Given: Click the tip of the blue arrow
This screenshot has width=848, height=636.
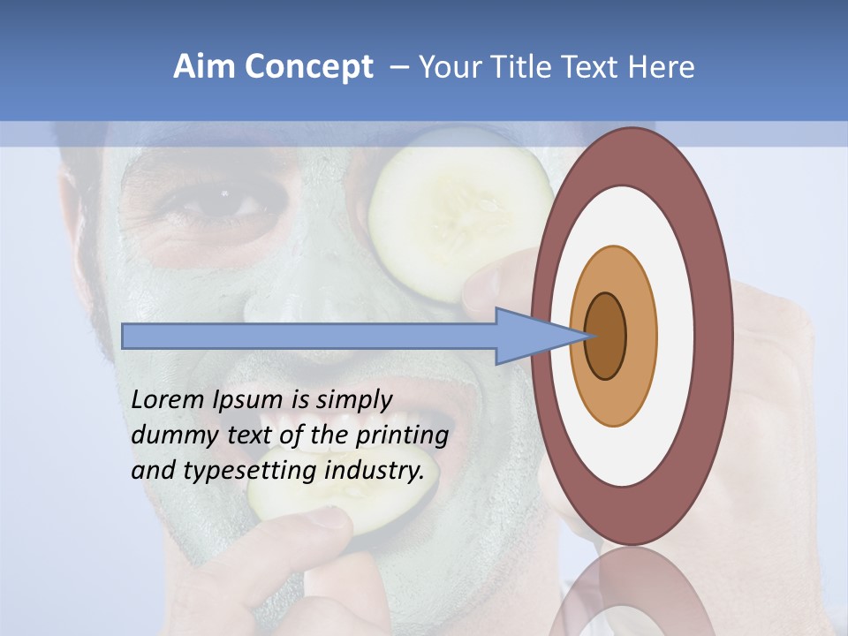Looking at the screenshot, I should click(x=587, y=336).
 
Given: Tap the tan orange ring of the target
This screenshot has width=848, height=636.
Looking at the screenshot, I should click(x=640, y=336).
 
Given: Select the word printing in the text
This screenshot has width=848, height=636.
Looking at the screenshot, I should click(x=401, y=435).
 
